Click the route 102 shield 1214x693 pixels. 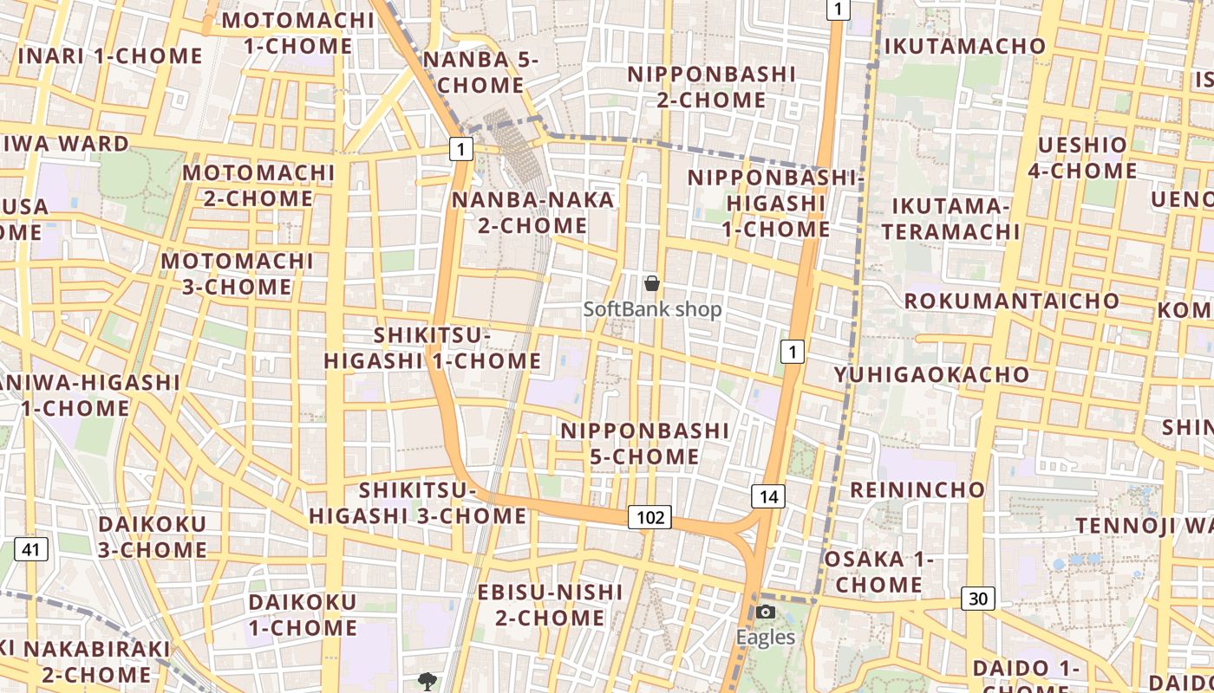point(649,518)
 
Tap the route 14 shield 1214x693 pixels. point(767,496)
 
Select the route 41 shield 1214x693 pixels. point(31,548)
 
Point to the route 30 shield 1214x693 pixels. point(977,599)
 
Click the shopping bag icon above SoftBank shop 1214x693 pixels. point(652,283)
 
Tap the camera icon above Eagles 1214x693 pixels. point(765,612)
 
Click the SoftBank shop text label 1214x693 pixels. point(652,309)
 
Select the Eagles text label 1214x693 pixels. point(765,638)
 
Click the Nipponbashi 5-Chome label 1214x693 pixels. point(645,444)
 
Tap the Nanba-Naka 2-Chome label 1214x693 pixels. point(532,213)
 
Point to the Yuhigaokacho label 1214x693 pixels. point(932,375)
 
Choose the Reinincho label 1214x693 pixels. point(917,489)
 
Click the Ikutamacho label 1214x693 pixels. point(965,46)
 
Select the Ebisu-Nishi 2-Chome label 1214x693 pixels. point(551,605)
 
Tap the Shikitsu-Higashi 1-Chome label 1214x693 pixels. point(433,348)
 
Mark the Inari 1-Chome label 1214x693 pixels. point(110,56)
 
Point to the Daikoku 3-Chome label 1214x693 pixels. point(153,537)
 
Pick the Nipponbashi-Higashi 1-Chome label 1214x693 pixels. point(776,204)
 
